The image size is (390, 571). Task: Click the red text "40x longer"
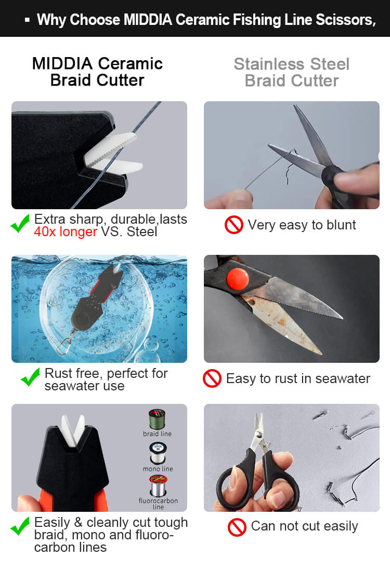tap(66, 232)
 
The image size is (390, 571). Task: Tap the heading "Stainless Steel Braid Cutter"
tap(292, 73)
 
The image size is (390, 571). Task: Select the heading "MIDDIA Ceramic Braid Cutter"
tap(97, 72)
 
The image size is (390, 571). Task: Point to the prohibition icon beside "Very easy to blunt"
tap(234, 225)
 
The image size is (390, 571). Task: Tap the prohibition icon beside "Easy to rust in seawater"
tap(212, 378)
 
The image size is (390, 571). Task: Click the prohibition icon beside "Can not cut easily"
tap(237, 527)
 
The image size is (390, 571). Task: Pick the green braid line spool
tap(157, 419)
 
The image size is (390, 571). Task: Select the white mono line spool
tap(158, 453)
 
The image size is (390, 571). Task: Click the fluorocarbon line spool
tap(158, 486)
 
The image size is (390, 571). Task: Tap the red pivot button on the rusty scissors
tap(238, 279)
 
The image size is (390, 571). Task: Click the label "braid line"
tap(157, 434)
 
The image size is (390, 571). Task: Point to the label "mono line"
tap(158, 469)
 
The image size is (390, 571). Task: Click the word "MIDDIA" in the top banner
tap(148, 20)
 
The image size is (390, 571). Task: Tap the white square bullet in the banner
tap(27, 20)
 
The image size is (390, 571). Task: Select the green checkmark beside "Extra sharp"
tap(20, 223)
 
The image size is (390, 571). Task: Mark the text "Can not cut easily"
tap(305, 526)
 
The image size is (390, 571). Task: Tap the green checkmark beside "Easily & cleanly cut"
tap(20, 526)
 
